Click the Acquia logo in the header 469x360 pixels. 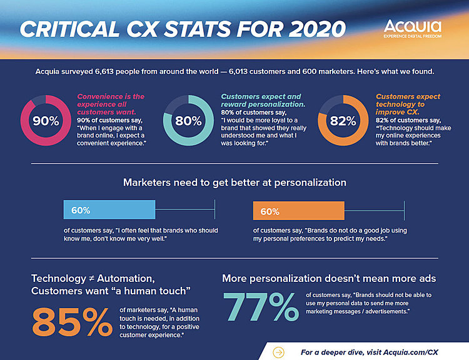412,28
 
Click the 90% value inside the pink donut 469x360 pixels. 45,121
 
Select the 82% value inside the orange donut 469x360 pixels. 343,121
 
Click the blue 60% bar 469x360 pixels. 109,211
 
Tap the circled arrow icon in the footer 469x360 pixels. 279,352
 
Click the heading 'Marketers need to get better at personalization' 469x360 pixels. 234,182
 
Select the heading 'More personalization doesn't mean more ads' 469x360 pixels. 329,277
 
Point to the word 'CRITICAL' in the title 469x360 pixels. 71,29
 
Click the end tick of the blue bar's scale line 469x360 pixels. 214,211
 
